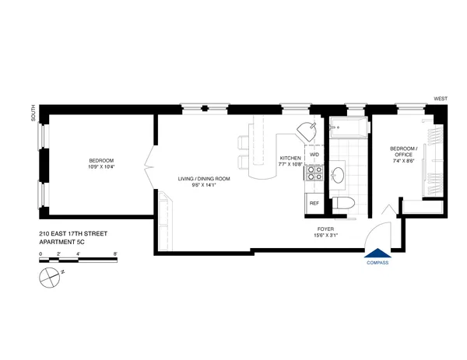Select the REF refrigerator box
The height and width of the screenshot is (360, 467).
tap(314, 204)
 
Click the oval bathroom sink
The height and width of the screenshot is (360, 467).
tap(339, 175)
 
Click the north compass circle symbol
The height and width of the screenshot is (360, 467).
tap(51, 275)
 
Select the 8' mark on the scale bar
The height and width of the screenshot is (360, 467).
tap(114, 253)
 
